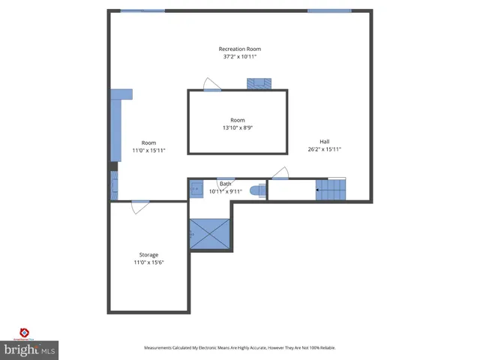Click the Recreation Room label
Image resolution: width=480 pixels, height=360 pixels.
point(240,49)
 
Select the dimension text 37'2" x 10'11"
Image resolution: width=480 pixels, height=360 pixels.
point(240,57)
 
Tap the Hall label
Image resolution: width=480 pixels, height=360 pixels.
point(324,142)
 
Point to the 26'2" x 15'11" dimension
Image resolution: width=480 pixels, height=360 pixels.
point(324,149)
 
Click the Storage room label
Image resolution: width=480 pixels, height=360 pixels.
point(148,255)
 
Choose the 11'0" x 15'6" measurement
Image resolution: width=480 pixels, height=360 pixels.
point(148,262)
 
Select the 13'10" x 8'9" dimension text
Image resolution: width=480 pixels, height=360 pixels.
point(237,128)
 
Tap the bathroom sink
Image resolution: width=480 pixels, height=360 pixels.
point(195,189)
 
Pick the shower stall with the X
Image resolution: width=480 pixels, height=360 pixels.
point(210,234)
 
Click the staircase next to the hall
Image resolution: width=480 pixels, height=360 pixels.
point(331,190)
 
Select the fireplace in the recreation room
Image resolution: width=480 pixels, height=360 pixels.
point(261,83)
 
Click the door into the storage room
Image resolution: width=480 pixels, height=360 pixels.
point(140,206)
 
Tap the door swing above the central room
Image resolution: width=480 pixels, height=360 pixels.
point(212,84)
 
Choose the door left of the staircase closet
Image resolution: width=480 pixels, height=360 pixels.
point(279,174)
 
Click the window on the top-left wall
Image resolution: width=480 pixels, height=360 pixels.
point(142,10)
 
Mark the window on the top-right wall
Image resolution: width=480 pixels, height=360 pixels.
point(328,10)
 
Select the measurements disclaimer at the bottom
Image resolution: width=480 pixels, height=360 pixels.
point(240,348)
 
